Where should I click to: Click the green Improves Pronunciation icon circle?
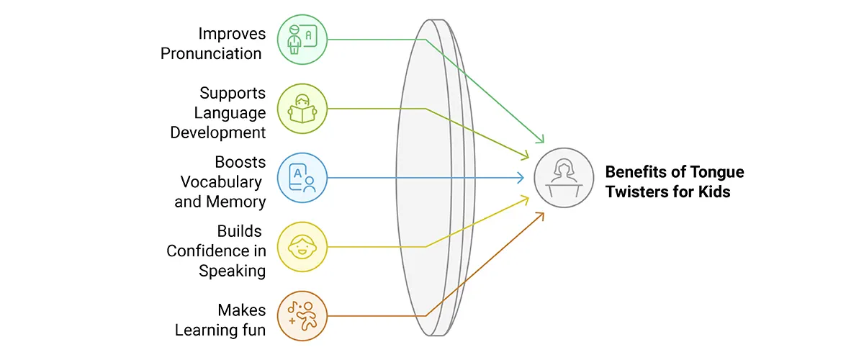pos(302,40)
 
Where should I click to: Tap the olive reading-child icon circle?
pos(302,109)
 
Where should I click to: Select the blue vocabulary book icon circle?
pos(302,178)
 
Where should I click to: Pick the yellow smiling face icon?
pos(302,247)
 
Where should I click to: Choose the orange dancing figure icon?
pos(302,316)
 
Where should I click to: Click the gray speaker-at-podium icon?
pos(564,178)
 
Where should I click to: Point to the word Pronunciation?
pos(211,53)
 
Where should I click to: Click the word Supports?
pos(233,94)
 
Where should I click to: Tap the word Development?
pos(218,132)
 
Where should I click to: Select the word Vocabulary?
pos(221,182)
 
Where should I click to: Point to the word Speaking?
pos(232,271)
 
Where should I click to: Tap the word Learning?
pos(204,330)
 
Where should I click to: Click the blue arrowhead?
pos(520,178)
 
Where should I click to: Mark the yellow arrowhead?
pos(525,200)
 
